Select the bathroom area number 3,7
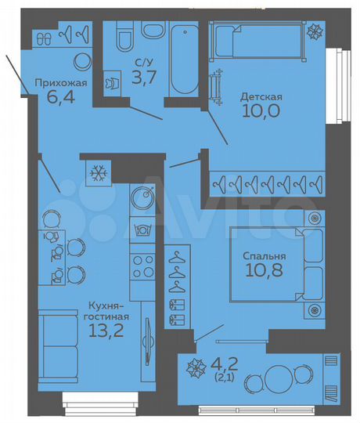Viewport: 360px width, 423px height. [142, 77]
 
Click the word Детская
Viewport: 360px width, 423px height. [261, 97]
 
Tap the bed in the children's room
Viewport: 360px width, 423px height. [258, 39]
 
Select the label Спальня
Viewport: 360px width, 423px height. [264, 255]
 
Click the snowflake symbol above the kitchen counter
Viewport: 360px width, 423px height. [99, 172]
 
